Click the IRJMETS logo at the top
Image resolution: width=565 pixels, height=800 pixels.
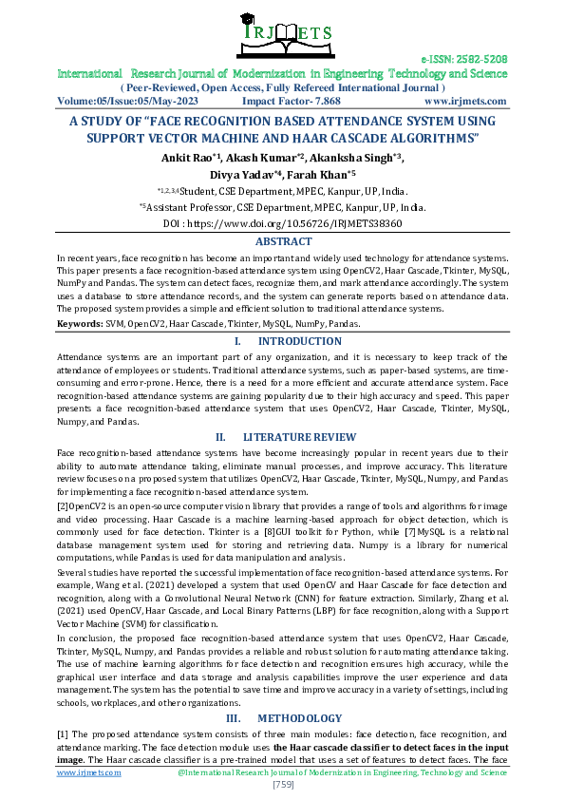282,31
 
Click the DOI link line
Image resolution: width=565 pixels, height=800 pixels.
282,223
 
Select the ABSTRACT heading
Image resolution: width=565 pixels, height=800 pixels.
282,241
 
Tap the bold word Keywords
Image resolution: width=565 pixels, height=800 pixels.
81,324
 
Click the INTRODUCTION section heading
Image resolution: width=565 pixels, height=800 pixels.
293,340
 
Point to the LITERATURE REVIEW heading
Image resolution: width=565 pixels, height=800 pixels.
294,436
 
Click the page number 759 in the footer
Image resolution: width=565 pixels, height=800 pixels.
282,785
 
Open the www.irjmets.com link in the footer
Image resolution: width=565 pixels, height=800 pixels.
89,773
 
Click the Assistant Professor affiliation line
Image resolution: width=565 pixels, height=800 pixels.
282,206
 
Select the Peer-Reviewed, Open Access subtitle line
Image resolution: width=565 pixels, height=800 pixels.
282,86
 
